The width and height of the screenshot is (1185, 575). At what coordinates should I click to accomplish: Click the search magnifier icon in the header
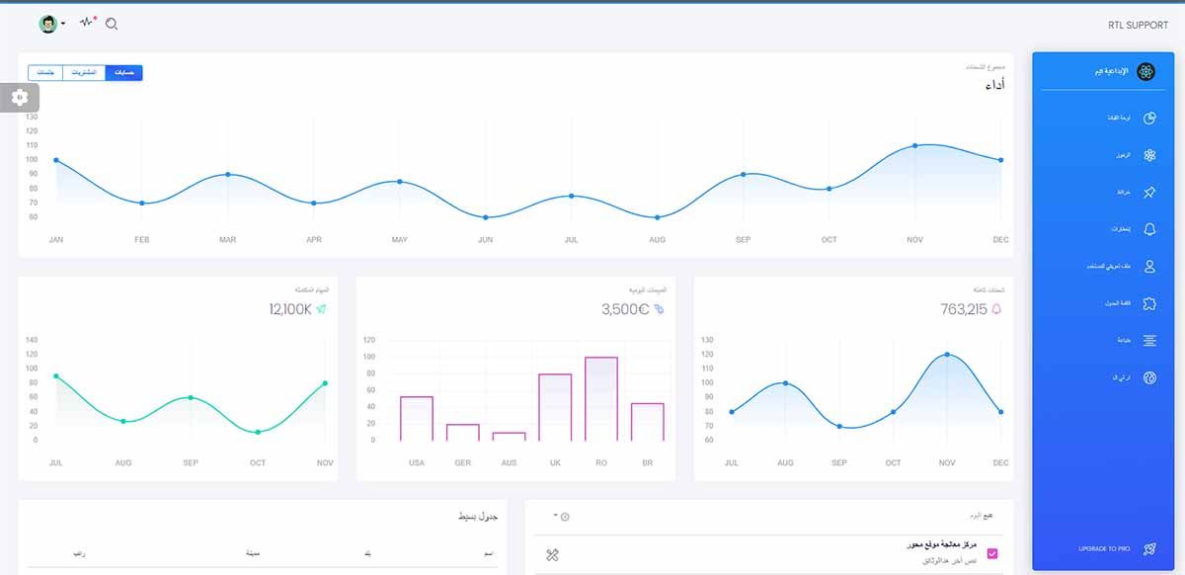tap(112, 24)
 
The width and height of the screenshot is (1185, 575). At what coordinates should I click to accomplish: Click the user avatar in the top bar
tap(47, 24)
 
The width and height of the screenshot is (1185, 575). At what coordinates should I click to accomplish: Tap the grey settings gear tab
tap(20, 97)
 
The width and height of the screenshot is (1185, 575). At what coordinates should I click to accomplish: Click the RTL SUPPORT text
tap(1138, 26)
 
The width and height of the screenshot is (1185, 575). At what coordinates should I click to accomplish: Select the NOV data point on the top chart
tap(914, 145)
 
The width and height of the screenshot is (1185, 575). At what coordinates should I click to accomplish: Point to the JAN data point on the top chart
tap(56, 160)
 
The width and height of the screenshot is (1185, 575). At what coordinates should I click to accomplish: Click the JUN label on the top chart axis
tap(485, 240)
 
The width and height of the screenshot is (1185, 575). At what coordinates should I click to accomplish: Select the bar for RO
tap(600, 398)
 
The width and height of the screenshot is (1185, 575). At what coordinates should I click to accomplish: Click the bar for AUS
tap(509, 436)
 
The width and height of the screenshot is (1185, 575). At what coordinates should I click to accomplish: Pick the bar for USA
tap(416, 418)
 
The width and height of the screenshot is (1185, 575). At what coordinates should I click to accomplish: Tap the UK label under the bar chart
tap(555, 462)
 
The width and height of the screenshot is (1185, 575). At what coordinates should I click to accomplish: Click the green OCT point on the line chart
tap(258, 432)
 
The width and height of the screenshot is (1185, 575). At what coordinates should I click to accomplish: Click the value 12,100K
tap(290, 309)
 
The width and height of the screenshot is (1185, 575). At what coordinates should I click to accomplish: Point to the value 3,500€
tap(625, 309)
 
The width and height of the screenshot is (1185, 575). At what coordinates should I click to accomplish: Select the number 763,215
tap(964, 309)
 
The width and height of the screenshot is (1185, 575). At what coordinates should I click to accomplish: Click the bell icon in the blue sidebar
tap(1149, 229)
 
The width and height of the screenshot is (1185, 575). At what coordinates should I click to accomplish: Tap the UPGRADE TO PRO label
tap(1105, 548)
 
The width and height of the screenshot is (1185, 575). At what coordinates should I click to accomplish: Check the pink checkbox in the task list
tap(992, 553)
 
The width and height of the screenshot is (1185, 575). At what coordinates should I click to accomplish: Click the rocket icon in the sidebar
tap(1149, 548)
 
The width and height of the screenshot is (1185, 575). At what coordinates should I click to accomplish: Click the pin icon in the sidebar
tap(1149, 193)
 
